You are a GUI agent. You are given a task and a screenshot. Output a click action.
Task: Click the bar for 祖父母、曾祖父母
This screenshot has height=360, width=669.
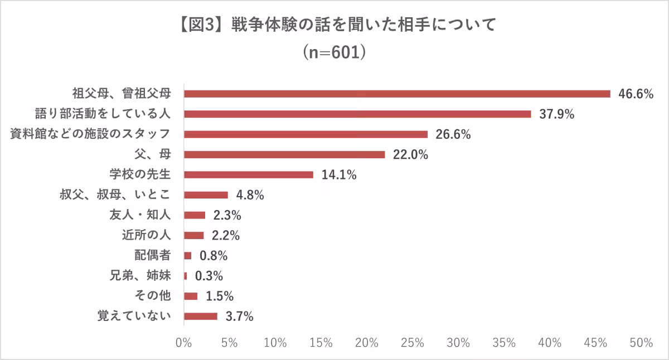pos(397,94)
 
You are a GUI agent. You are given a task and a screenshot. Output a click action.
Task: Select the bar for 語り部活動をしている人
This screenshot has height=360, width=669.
pos(357,114)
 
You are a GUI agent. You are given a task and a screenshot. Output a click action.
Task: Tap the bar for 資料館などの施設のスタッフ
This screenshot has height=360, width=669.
pos(306,134)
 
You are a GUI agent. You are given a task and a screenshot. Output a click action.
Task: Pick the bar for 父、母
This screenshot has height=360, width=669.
pos(284,154)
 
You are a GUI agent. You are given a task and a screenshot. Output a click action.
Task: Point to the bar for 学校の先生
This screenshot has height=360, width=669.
pos(248,174)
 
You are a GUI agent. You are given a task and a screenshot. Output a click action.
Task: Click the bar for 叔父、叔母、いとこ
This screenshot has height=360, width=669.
pos(206,195)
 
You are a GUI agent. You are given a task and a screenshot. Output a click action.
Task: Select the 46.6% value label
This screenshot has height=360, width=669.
pos(636,94)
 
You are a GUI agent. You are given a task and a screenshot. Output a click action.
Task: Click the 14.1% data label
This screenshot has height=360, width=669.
pos(339,175)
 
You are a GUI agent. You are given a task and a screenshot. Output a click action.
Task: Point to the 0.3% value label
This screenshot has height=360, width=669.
pos(209,276)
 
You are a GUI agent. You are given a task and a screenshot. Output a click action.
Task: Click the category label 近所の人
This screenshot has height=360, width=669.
pos(146,235)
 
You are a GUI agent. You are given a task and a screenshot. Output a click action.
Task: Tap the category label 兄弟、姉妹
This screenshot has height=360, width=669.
pos(138,276)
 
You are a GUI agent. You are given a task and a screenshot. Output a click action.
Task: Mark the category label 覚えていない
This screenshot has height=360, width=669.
pos(133,317)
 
